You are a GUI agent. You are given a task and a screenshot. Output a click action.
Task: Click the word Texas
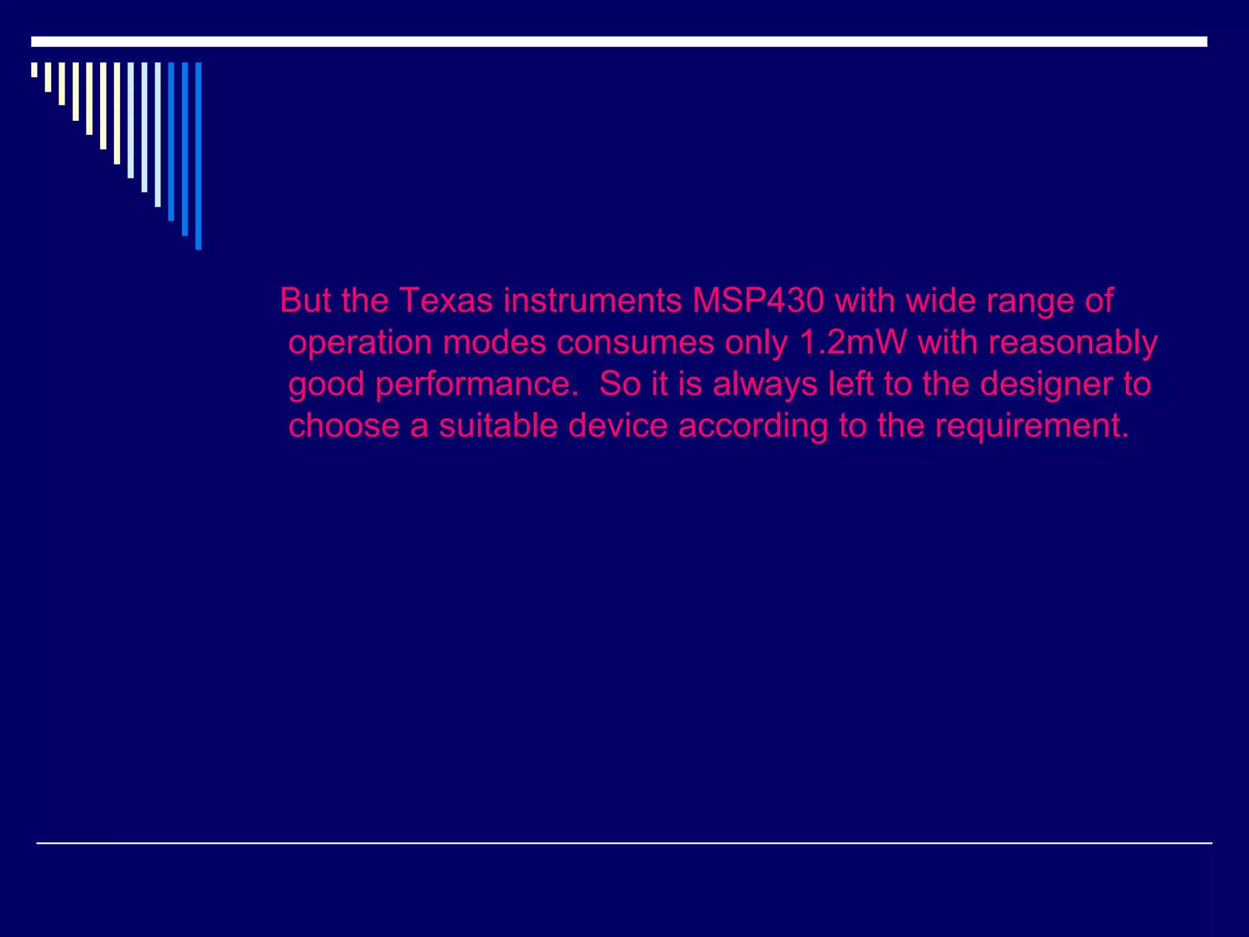click(446, 301)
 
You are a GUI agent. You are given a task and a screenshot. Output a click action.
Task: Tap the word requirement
click(1032, 426)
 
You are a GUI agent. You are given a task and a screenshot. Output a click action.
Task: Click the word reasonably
click(1073, 343)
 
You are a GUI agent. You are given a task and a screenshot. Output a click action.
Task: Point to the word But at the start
click(305, 301)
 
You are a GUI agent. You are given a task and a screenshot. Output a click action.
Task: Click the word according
click(753, 426)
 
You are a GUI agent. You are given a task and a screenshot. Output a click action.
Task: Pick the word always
click(765, 385)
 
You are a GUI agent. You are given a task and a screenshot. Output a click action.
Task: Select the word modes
click(494, 342)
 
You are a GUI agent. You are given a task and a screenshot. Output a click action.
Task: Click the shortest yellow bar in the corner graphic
click(34, 70)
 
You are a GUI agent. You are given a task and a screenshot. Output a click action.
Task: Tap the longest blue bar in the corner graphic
click(198, 156)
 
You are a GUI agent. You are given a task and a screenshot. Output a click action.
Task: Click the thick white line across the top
click(619, 41)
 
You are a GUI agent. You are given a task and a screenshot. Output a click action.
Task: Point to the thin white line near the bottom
click(624, 843)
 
